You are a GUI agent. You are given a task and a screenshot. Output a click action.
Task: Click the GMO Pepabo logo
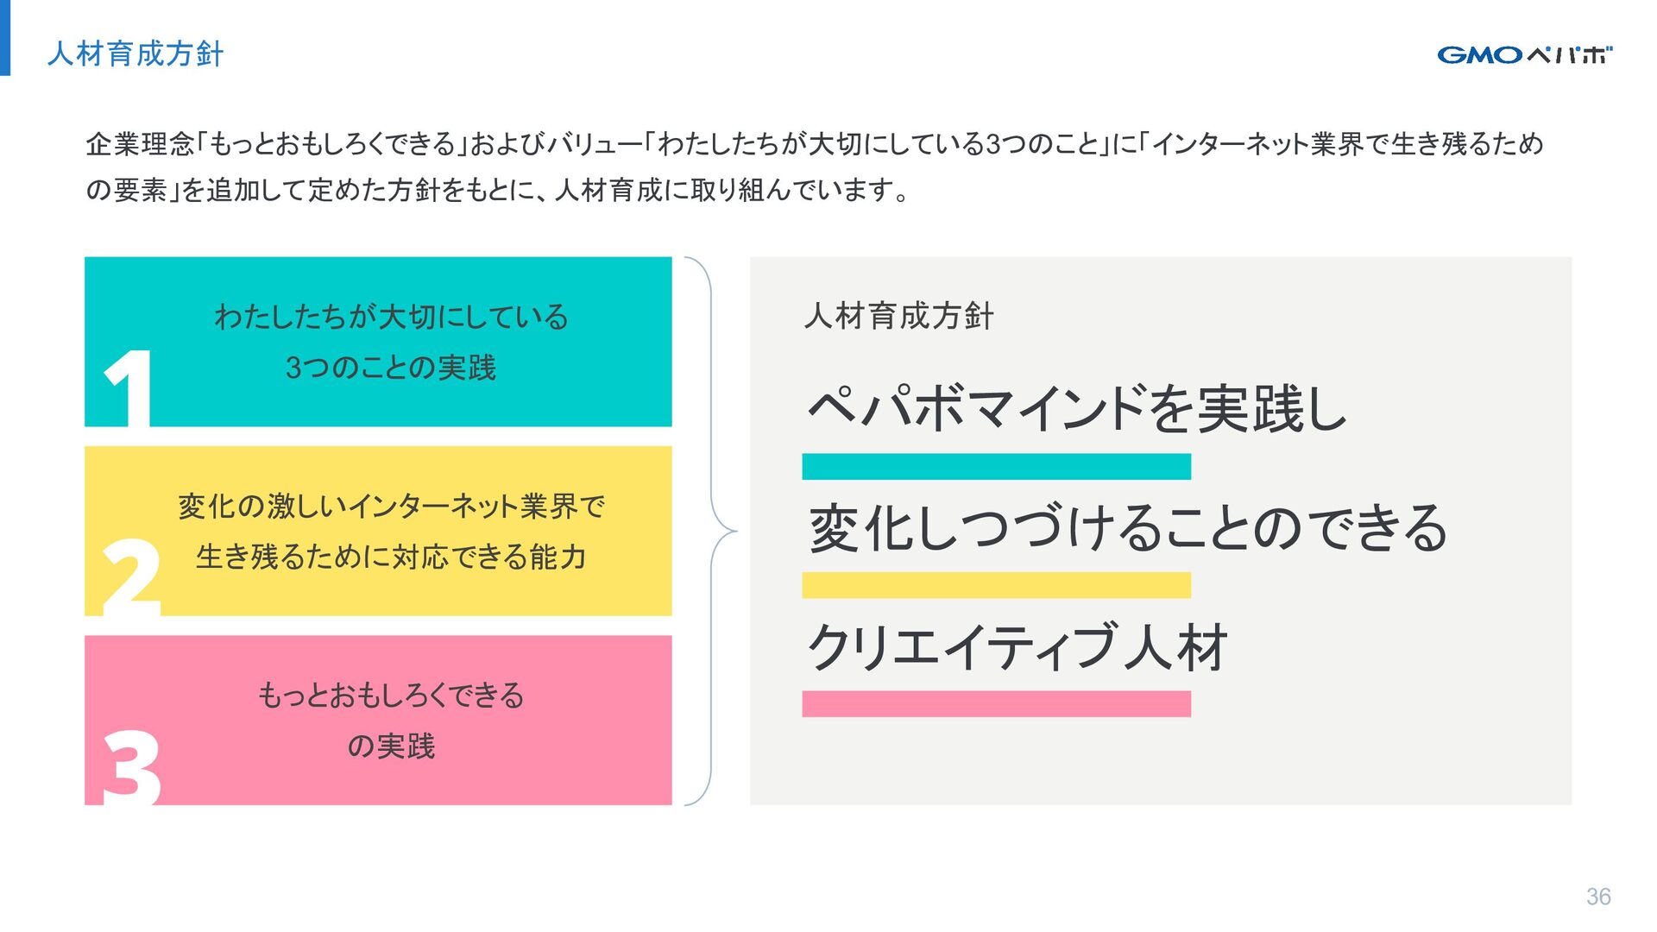tap(1524, 55)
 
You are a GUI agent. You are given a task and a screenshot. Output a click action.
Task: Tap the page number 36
tap(1598, 897)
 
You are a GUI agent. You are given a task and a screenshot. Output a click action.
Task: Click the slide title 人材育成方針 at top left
tap(135, 54)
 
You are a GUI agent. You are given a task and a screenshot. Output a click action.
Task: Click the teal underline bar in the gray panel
tap(996, 467)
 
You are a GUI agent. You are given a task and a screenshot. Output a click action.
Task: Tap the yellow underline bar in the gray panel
tap(996, 585)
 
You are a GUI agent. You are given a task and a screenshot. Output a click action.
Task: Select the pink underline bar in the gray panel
tap(996, 704)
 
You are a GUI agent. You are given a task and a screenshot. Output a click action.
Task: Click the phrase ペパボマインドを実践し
tap(1076, 408)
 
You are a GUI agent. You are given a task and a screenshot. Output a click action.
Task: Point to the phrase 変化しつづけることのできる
tap(1128, 527)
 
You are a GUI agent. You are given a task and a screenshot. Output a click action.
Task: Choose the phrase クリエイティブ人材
tap(1017, 647)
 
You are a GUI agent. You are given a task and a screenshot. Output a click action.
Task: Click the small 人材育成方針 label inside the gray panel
tap(898, 316)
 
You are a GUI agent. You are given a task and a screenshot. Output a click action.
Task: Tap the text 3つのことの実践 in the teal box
tap(391, 368)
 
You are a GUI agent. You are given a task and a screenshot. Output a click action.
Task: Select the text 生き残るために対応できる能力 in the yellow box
tap(391, 557)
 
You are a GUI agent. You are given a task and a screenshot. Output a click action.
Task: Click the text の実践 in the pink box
tap(391, 746)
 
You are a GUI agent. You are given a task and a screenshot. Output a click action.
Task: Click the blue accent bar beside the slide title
tap(5, 38)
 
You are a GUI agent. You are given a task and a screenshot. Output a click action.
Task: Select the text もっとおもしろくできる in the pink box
tap(391, 696)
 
